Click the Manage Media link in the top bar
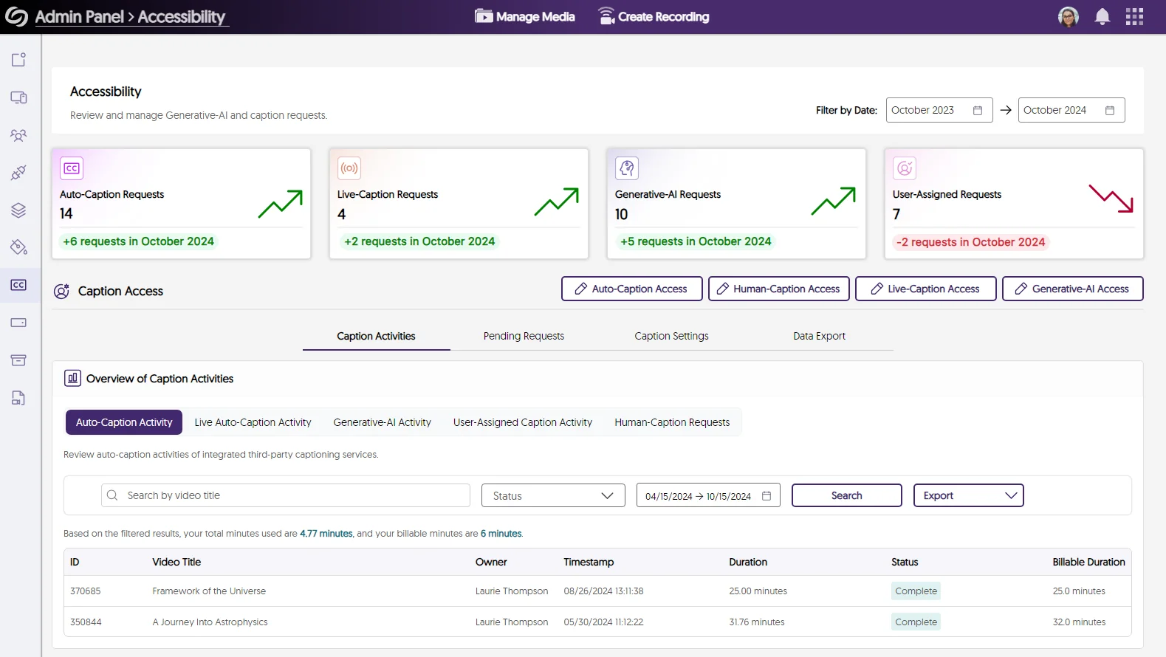coord(525,16)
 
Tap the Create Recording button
coord(654,16)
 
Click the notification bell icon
coord(1102,16)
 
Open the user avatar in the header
coord(1068,16)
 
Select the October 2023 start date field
coord(939,110)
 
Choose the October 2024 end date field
coord(1071,110)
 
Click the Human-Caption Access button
coord(778,289)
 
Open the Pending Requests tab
coord(524,336)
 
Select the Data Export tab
coord(819,336)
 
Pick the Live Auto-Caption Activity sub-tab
coord(253,422)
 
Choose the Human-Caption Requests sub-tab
coord(672,422)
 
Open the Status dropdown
coord(553,495)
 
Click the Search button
coord(846,495)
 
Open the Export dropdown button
coord(968,495)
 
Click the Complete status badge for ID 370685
coord(916,591)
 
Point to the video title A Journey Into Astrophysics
coord(210,622)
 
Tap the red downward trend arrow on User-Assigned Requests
coord(1111,198)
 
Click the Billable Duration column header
coord(1088,562)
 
